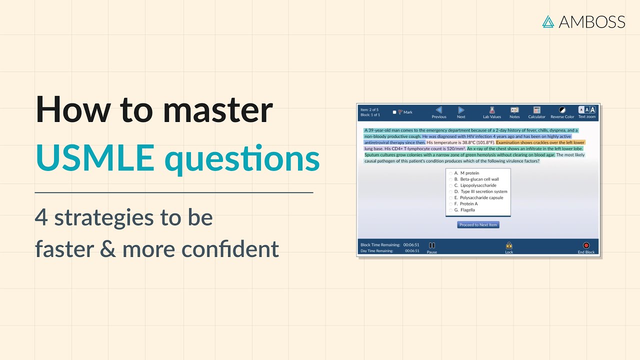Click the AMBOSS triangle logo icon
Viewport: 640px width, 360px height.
click(x=549, y=22)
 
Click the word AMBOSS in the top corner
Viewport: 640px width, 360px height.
click(x=592, y=22)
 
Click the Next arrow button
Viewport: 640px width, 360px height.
click(x=461, y=110)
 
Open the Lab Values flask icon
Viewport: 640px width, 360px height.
click(x=492, y=110)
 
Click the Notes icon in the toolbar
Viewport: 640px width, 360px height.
click(x=514, y=110)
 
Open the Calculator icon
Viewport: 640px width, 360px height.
click(x=537, y=110)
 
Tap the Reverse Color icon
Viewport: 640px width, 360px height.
click(x=562, y=110)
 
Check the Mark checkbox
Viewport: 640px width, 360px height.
click(x=394, y=112)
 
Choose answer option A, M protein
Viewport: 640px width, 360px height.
click(x=450, y=173)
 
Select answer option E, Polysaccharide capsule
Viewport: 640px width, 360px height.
click(x=450, y=198)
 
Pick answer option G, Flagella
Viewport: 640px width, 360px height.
click(x=450, y=210)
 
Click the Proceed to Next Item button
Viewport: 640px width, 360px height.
click(x=478, y=225)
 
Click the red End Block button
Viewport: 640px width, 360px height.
click(x=586, y=246)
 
